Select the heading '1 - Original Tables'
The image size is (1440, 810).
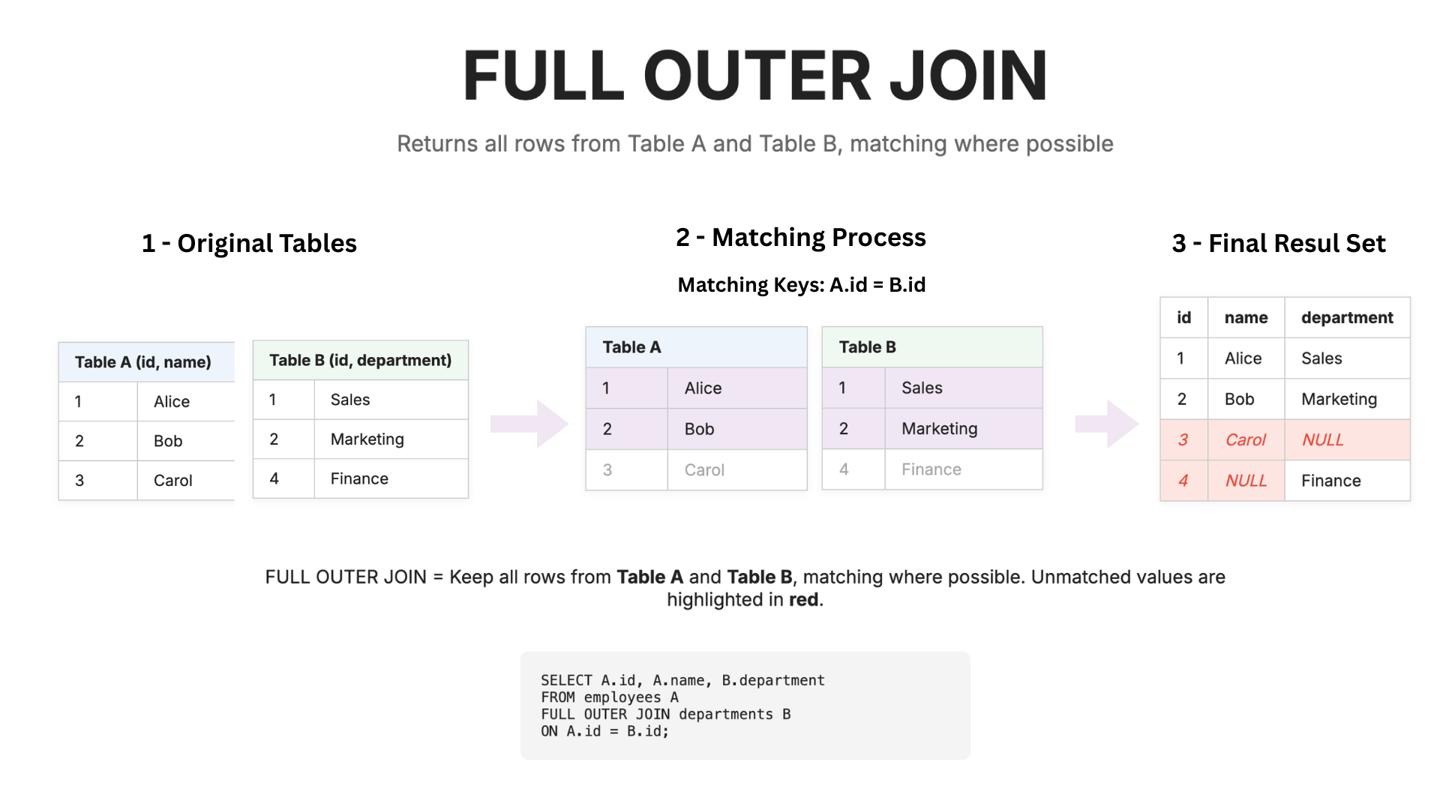[249, 244]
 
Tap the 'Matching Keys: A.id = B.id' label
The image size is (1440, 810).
[801, 285]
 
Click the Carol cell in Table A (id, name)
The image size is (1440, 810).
[173, 481]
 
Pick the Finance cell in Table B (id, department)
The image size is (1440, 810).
[359, 478]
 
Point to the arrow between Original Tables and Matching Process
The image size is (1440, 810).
[529, 424]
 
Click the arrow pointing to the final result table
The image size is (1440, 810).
[1106, 424]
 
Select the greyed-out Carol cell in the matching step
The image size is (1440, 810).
[704, 470]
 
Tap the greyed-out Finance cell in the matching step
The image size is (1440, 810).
[931, 469]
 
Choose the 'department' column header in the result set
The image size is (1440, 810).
[1347, 318]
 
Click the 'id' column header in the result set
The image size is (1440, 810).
[1183, 318]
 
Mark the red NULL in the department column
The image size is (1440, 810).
[1322, 440]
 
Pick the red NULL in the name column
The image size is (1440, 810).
[1246, 481]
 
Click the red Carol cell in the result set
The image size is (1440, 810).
[1245, 440]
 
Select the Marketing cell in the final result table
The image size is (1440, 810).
[1339, 400]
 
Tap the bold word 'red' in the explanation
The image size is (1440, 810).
[803, 600]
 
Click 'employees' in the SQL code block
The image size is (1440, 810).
[622, 697]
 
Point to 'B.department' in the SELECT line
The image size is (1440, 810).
[772, 680]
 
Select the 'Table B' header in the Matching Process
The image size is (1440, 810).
[867, 347]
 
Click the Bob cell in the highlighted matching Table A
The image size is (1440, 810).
[699, 429]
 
